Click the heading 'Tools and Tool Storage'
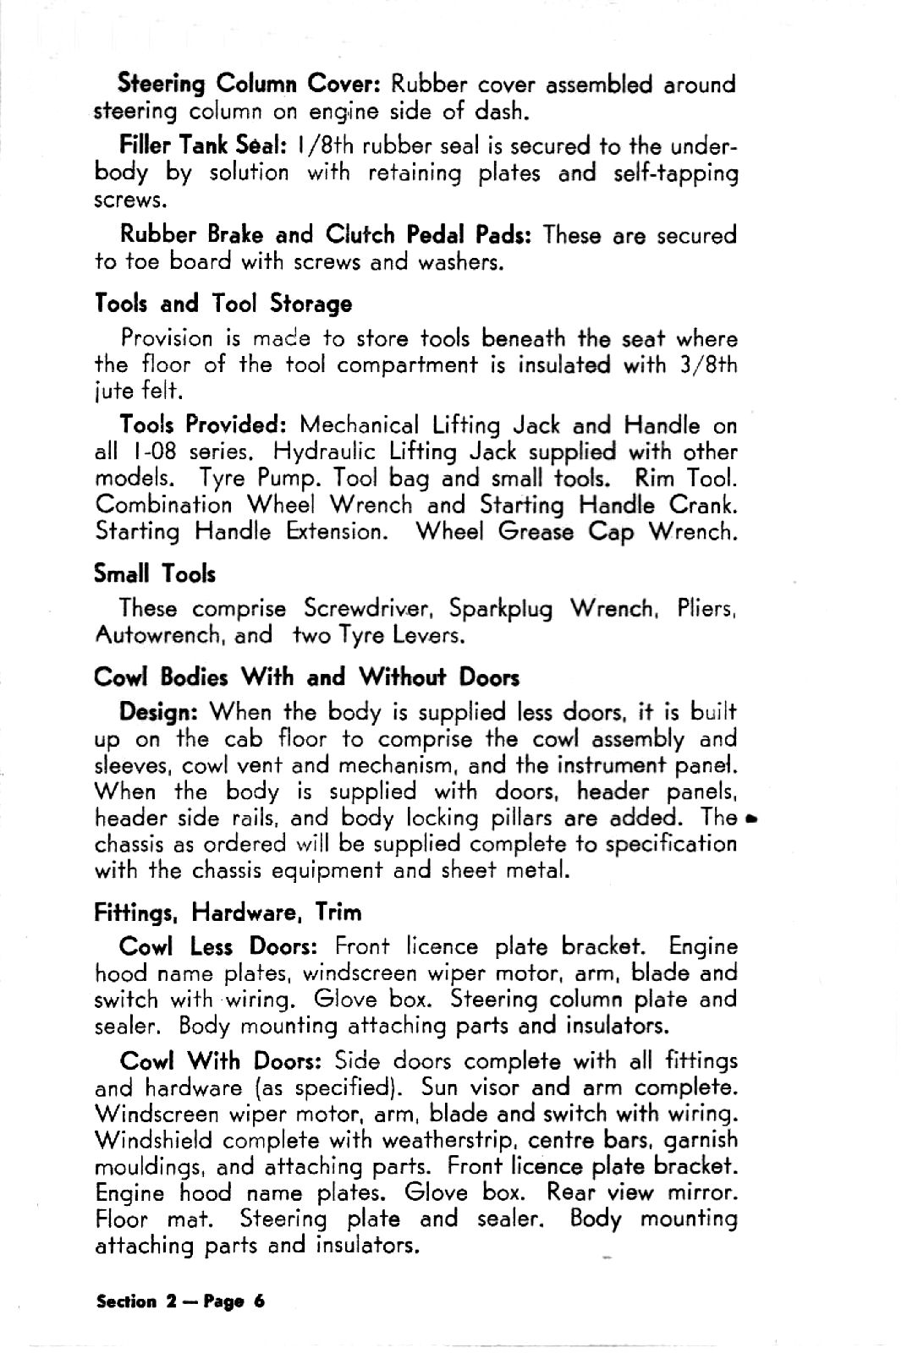point(223,304)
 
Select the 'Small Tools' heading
point(155,575)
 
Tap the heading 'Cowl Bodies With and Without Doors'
point(306,677)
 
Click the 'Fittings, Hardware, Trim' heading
point(228,912)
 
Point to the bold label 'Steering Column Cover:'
point(252,85)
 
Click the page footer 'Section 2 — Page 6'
point(180,1301)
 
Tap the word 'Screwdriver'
point(369,609)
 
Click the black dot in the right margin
point(751,819)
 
